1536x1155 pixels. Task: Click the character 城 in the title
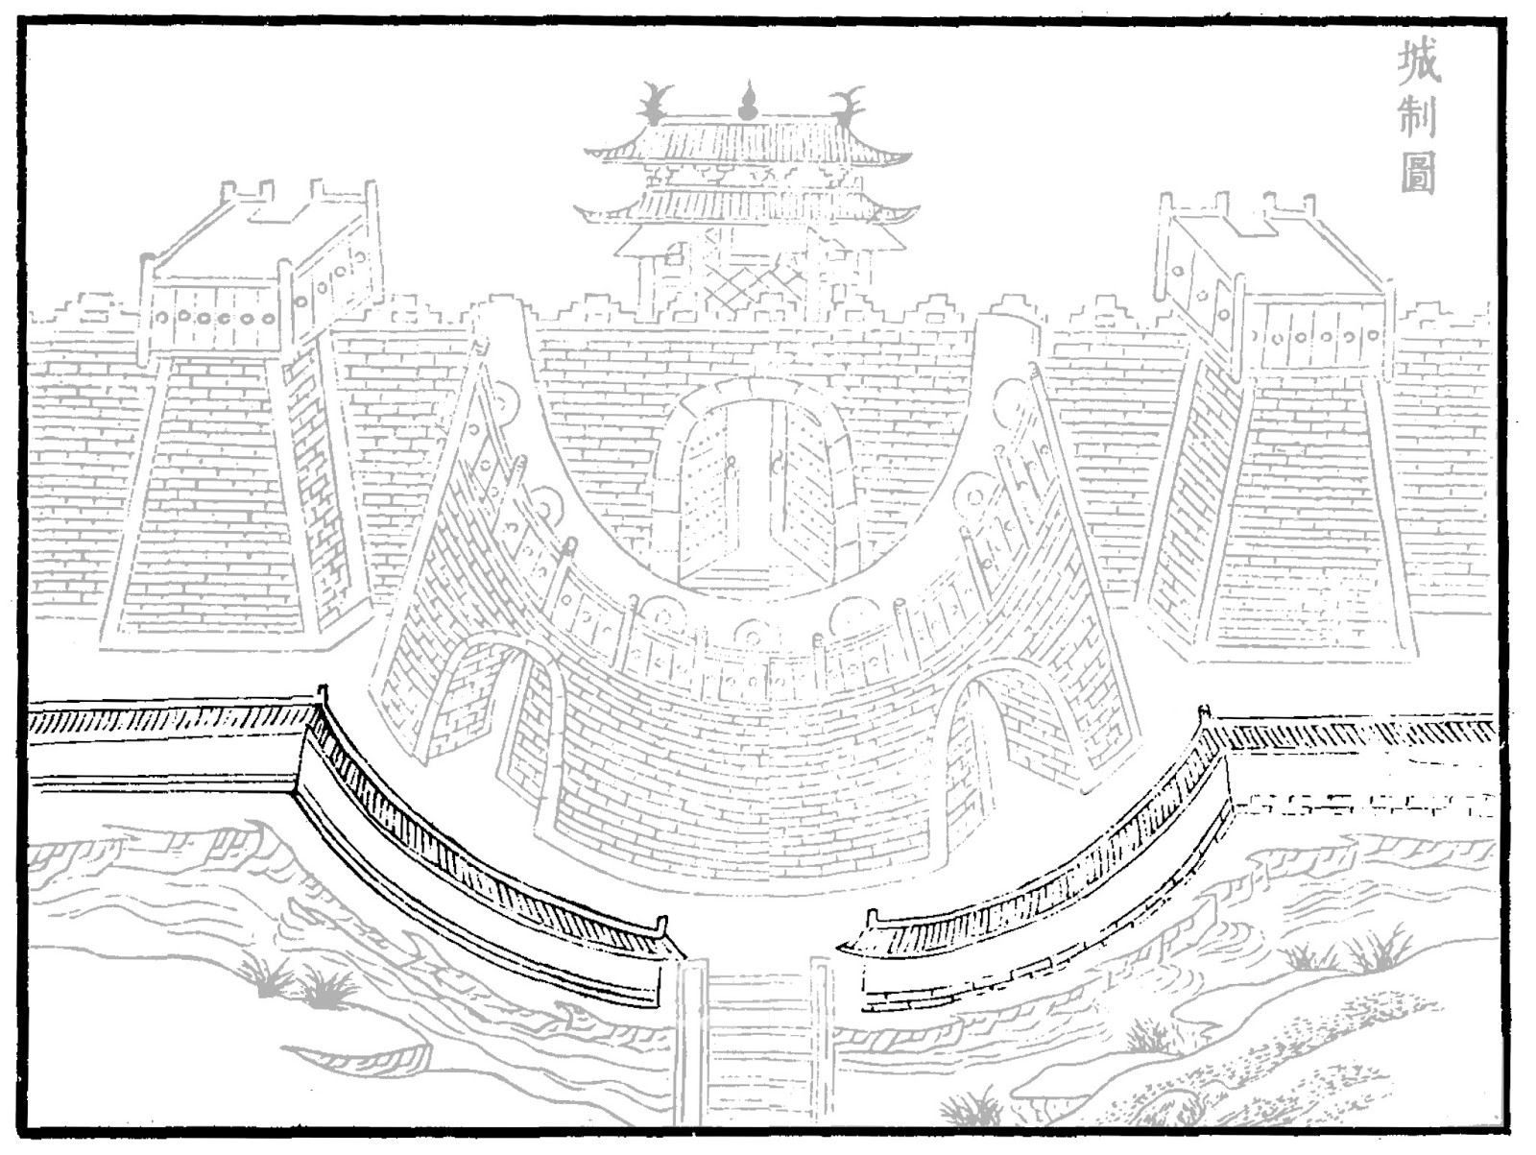coord(1418,62)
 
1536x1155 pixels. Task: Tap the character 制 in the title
coord(1418,118)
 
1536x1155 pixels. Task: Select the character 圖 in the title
coord(1418,174)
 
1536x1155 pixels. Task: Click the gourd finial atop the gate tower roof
coord(748,101)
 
